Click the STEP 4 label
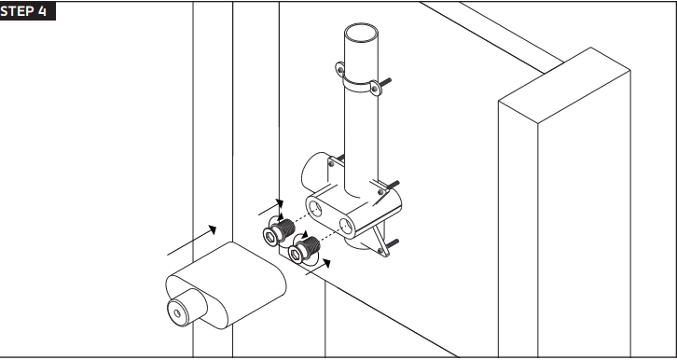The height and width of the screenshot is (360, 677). tap(23, 11)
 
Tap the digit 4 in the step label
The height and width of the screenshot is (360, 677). tap(42, 11)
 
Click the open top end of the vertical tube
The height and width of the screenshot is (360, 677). tap(361, 33)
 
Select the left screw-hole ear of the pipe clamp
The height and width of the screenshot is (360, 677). tap(340, 69)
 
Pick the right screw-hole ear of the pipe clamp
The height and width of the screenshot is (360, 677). tap(376, 89)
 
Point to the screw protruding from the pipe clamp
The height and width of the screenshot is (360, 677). tap(385, 81)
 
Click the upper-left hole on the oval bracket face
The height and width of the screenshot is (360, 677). tap(315, 208)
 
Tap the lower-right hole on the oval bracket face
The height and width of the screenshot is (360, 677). tap(346, 226)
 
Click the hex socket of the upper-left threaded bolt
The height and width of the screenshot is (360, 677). tap(270, 237)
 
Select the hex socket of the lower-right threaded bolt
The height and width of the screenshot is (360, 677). tap(296, 256)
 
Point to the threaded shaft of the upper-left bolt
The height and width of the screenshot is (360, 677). tap(285, 228)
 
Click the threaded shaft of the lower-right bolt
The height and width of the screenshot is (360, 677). tap(310, 246)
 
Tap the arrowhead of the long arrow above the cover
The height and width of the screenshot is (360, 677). tap(212, 229)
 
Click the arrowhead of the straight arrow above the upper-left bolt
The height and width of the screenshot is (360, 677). tap(280, 203)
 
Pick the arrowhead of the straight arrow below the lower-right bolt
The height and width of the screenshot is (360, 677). tap(326, 263)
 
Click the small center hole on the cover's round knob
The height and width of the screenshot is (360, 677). tap(177, 313)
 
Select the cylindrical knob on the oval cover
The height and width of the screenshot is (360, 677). tap(187, 308)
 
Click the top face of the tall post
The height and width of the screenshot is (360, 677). tap(564, 85)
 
